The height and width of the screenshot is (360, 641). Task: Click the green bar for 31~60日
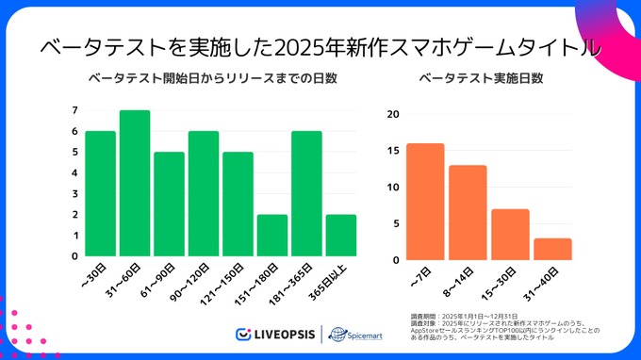[135, 183]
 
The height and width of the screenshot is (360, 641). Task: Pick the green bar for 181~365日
[307, 193]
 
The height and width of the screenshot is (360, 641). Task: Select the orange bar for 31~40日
[552, 249]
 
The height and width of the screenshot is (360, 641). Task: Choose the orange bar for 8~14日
[468, 212]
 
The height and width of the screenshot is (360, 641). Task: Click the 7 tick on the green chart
[74, 110]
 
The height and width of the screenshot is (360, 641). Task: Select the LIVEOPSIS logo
[275, 334]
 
